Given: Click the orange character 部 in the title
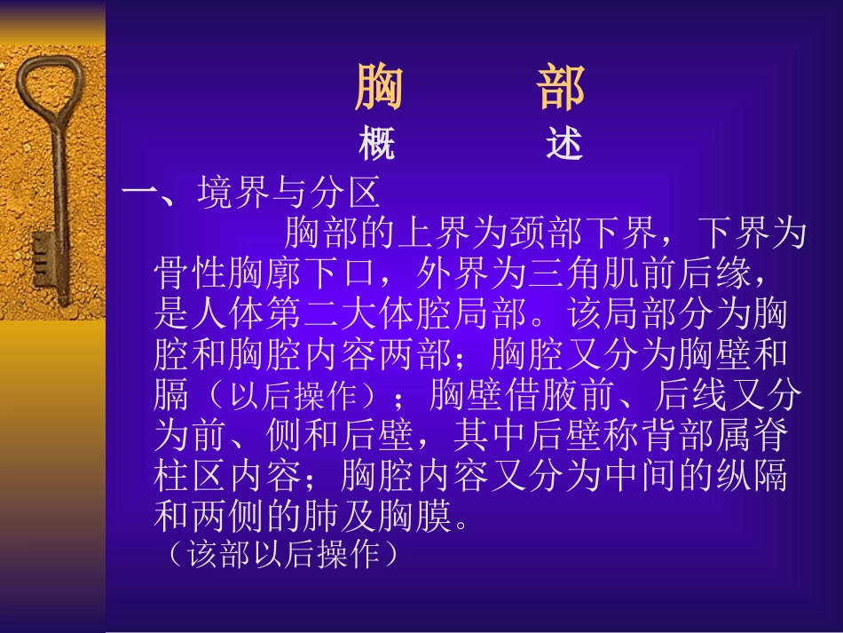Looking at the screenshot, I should (x=562, y=88).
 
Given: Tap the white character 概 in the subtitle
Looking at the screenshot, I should (x=377, y=144).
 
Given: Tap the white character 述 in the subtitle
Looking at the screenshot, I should (x=564, y=144).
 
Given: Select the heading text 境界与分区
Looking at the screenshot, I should (x=289, y=190).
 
